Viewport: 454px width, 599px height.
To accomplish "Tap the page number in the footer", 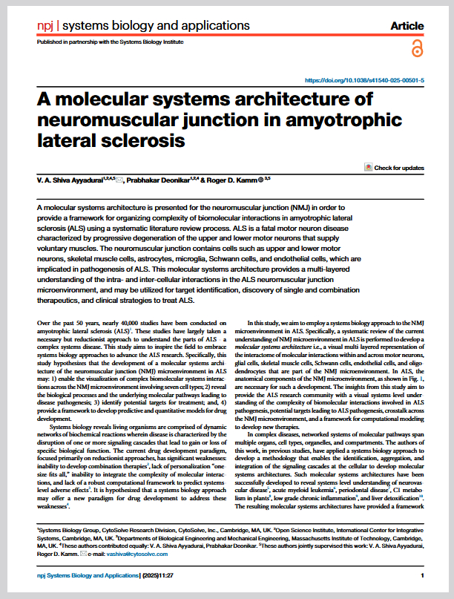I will [x=422, y=575].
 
